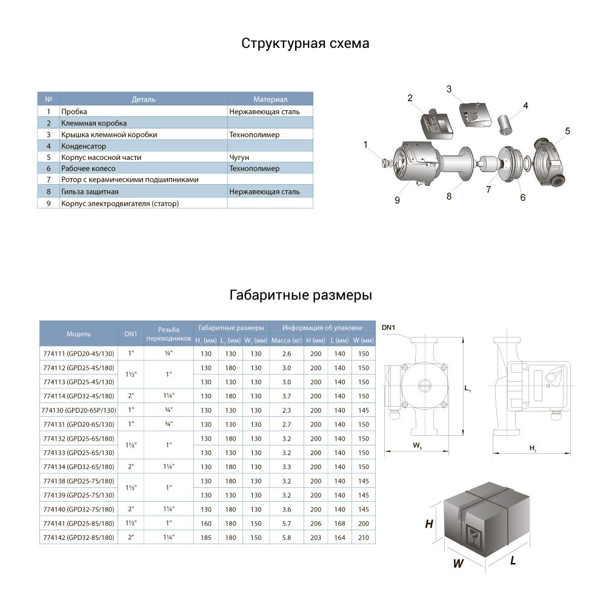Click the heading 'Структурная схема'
[305, 44]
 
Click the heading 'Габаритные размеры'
[301, 296]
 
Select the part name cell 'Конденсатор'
[84, 146]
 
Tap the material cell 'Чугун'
[240, 158]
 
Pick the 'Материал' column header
[270, 99]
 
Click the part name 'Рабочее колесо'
[88, 168]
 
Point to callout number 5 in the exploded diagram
[568, 131]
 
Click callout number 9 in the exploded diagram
[398, 200]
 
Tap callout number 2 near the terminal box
[410, 98]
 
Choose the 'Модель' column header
[79, 334]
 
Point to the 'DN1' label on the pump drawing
[388, 328]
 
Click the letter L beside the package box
[513, 561]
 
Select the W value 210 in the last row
[363, 538]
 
